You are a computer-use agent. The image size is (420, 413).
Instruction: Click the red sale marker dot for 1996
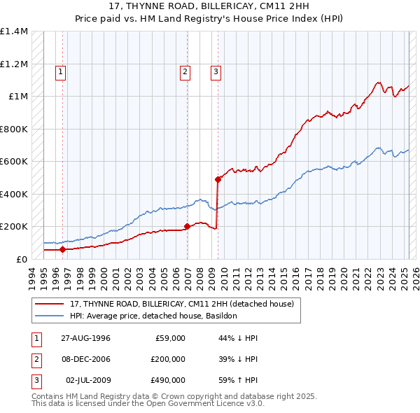coord(62,249)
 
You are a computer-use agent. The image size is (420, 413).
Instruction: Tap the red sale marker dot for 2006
coord(187,226)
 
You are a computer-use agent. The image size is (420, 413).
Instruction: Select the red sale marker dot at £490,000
coord(218,179)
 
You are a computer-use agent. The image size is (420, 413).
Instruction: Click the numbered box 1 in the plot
coord(61,71)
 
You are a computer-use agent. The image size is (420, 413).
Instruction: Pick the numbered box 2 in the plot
coord(185,71)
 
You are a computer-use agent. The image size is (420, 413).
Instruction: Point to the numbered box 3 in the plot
coord(216,71)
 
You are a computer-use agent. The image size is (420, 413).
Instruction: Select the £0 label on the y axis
coord(22,259)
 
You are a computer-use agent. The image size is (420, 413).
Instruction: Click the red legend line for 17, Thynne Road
coord(50,304)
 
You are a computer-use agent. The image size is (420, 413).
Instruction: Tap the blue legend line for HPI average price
coord(50,316)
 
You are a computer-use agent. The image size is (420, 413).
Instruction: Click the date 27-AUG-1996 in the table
coord(87,338)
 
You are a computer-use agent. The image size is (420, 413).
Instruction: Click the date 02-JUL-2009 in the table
coord(87,380)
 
